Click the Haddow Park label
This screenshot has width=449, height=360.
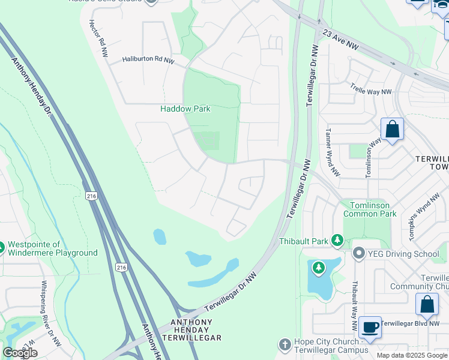pos(185,109)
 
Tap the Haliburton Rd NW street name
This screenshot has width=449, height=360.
pos(148,60)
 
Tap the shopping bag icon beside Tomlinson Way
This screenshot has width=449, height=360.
pos(392,130)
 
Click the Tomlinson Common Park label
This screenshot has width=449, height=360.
pos(370,209)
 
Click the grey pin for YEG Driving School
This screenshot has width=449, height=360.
pos(360,254)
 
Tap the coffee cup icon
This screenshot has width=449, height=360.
pos(370,328)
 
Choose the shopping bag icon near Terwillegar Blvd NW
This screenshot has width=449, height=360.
pos(427,304)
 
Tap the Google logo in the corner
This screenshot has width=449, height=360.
pos(20,353)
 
